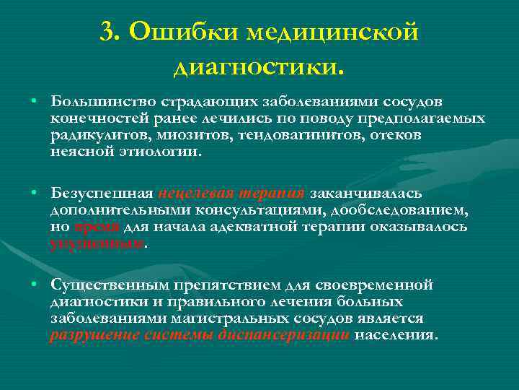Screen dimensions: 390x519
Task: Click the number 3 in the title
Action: click(x=109, y=32)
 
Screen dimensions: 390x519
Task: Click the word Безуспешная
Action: click(x=102, y=193)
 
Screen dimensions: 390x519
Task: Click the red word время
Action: click(x=99, y=227)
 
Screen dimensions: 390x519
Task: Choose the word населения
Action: click(x=396, y=336)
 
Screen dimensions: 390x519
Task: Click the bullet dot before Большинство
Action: click(x=34, y=99)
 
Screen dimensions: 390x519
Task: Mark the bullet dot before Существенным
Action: click(x=34, y=284)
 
